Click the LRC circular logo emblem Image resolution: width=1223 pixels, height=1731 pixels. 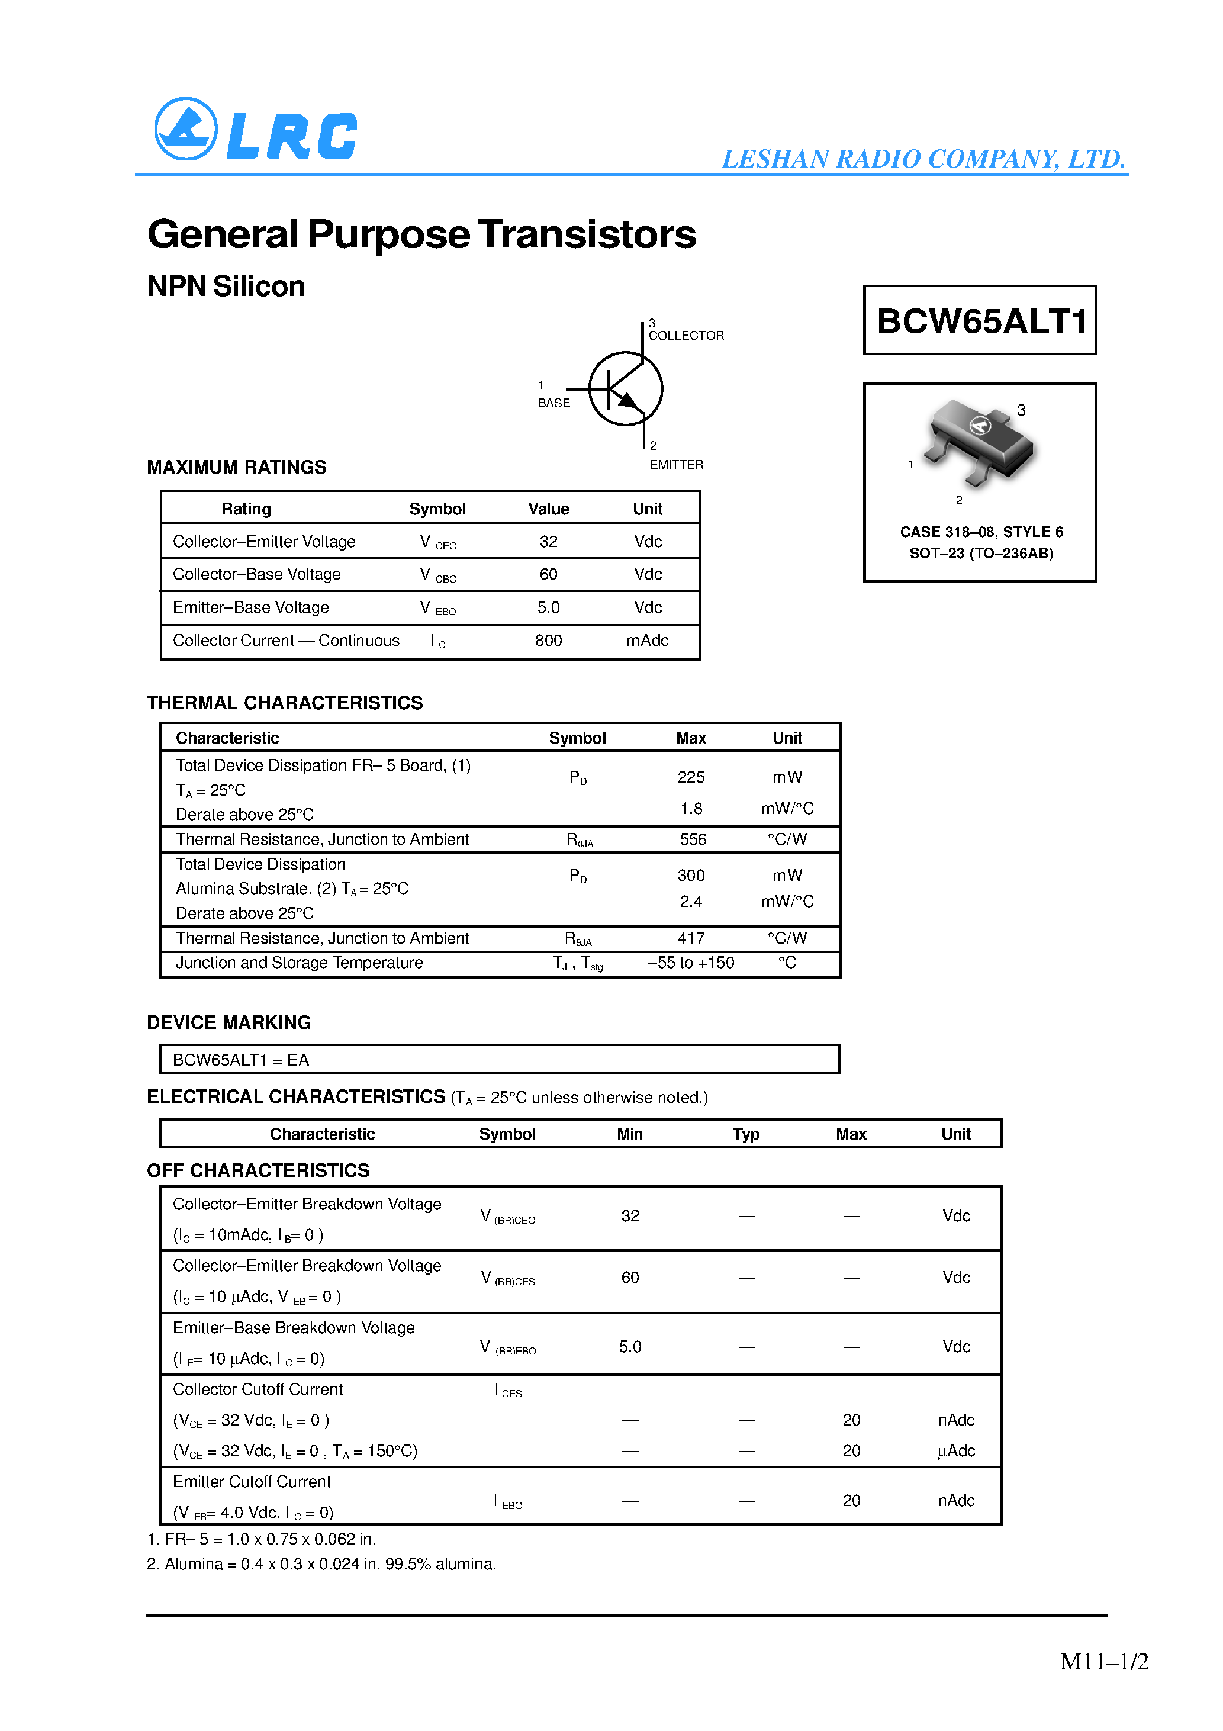coord(185,129)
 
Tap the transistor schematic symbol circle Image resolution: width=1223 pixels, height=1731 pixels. coord(625,388)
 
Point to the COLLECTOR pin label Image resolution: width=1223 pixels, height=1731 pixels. coord(686,336)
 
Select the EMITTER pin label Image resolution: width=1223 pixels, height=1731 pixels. coord(677,464)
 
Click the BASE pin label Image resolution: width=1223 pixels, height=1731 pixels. coord(553,403)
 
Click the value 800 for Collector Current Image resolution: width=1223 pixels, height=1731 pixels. coord(548,641)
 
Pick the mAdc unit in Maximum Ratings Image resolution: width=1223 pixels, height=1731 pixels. coord(647,641)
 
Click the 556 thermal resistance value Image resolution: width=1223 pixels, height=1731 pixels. coord(692,839)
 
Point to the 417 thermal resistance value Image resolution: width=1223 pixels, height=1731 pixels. coord(691,938)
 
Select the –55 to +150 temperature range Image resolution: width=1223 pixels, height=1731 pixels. coord(691,963)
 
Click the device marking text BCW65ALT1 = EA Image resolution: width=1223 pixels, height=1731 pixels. coord(240,1060)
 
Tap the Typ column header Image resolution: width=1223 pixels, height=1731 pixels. coord(746,1134)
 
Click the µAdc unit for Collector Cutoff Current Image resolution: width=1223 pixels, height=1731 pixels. coord(956,1452)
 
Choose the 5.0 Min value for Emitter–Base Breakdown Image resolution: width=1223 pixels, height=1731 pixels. coord(630,1347)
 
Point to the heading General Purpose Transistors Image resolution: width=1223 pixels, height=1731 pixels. coord(421,234)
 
